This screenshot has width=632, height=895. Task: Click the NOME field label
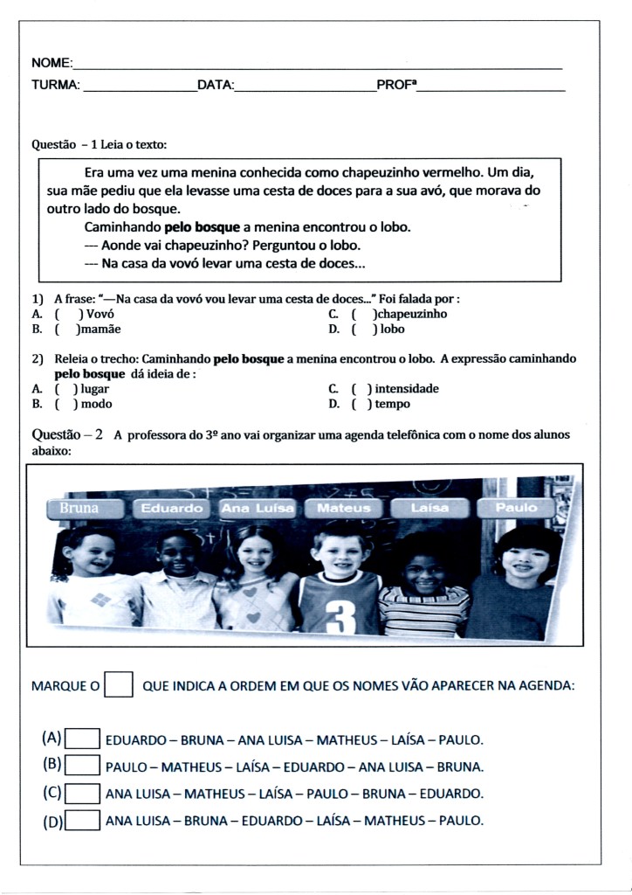click(x=51, y=64)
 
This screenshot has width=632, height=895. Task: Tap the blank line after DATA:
click(x=305, y=87)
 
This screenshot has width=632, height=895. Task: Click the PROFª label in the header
click(x=396, y=86)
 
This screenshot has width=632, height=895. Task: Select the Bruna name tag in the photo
click(x=79, y=508)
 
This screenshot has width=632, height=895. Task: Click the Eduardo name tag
click(x=171, y=508)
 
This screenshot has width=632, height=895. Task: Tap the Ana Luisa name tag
click(x=257, y=508)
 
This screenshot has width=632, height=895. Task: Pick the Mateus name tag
click(x=343, y=508)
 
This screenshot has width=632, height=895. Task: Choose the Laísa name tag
click(x=429, y=508)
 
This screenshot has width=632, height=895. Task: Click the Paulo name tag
click(x=516, y=508)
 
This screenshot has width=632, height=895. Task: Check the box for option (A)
click(x=83, y=739)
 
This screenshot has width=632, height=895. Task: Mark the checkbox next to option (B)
click(x=83, y=767)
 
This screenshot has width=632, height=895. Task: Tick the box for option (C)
click(x=83, y=794)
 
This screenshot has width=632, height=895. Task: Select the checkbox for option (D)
click(x=83, y=821)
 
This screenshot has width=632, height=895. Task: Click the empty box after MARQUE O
click(x=118, y=685)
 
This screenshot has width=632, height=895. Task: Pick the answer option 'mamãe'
click(x=100, y=330)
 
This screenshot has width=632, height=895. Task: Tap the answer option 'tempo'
click(x=393, y=404)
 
